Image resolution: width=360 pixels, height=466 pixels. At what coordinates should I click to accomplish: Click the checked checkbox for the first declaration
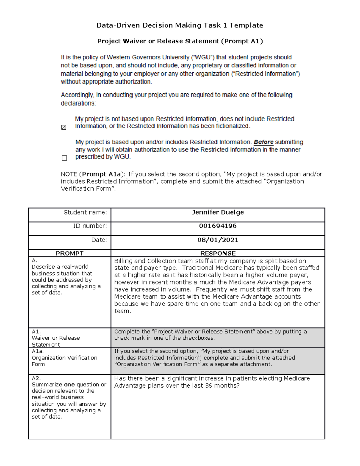coord(64,128)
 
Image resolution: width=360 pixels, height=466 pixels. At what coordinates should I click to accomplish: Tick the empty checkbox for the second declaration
coord(64,158)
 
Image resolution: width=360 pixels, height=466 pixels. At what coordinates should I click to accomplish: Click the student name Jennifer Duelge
coord(217,212)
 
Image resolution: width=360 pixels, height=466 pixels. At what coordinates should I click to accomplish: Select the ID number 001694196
coord(217,226)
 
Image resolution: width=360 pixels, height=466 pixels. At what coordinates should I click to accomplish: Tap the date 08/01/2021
coord(217,240)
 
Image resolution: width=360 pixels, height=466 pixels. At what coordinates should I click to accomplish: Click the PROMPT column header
coord(70,253)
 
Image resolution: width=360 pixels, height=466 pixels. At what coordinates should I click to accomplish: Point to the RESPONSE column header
coord(218,253)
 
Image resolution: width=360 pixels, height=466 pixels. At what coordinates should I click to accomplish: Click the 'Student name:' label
coord(85,212)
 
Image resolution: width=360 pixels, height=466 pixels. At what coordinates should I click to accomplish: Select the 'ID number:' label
coord(90,226)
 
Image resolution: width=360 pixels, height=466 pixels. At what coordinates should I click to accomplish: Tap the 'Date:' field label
coord(99,240)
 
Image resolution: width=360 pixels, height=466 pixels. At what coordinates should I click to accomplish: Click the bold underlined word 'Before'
coord(263,142)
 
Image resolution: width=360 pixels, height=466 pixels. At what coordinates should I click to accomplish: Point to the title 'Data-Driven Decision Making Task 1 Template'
coord(180,26)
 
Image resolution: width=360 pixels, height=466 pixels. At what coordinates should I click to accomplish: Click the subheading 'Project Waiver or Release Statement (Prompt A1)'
coord(180,41)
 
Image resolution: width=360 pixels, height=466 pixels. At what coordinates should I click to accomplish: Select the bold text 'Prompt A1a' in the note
coord(101,174)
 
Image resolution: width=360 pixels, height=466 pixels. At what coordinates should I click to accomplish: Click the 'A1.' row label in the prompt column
coord(36,332)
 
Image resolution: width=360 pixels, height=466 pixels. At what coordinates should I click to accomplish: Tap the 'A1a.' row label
coord(37,351)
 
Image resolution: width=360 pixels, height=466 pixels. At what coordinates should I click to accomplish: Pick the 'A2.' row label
coord(36,378)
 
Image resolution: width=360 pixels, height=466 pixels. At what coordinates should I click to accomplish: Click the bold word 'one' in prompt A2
coord(69,385)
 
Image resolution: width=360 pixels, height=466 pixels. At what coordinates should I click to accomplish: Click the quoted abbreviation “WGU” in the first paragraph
coord(202,57)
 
